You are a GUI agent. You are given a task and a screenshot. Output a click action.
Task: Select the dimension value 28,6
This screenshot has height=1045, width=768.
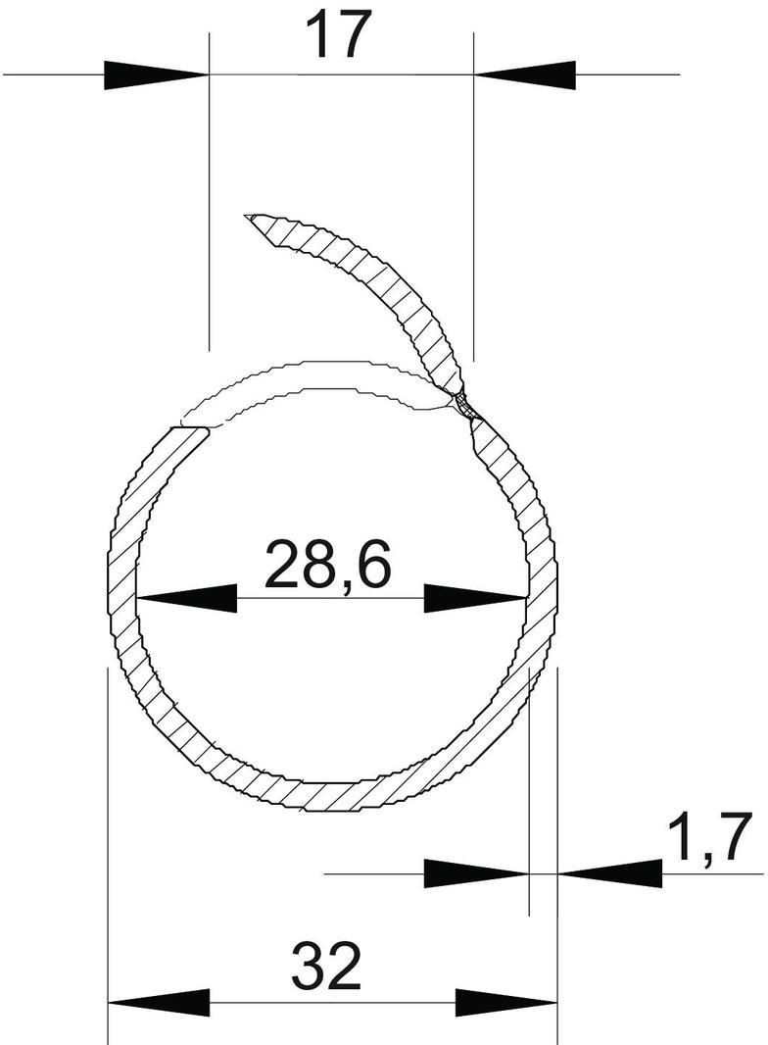coord(327,564)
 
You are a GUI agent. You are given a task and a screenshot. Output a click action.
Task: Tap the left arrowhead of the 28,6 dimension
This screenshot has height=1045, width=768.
coord(186,597)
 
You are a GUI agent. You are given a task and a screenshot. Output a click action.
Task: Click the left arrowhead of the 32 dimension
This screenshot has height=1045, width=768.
coord(158,1003)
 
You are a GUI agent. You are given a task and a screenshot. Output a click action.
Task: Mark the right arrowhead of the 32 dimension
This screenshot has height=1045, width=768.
coord(506,1003)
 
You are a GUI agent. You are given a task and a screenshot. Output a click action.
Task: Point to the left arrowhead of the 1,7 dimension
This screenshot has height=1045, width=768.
coord(476,872)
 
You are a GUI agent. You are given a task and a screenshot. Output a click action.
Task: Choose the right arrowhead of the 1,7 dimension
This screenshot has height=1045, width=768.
coord(609,872)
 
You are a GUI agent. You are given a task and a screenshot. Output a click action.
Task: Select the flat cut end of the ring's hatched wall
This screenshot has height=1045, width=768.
coord(191,428)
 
